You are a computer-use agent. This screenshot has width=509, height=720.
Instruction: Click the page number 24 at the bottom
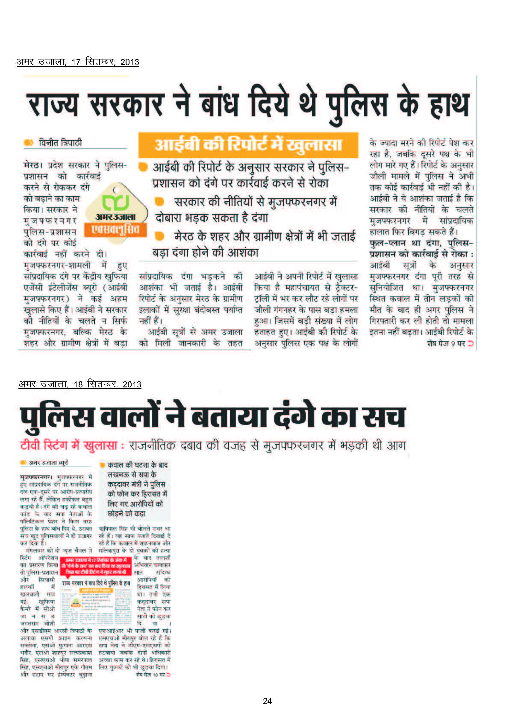(267, 701)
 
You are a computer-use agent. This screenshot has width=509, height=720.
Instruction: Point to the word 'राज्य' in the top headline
(53, 105)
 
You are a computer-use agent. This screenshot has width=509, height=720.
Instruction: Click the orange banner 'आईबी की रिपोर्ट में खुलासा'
(248, 145)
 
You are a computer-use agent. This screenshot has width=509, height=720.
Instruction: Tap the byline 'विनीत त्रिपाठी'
(60, 142)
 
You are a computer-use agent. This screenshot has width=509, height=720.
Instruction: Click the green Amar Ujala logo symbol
(115, 202)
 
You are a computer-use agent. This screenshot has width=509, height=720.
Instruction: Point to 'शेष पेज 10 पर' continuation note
(153, 674)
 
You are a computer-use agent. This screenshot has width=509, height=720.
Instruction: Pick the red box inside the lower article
(96, 566)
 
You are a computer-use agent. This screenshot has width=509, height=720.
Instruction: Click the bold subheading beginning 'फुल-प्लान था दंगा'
(421, 248)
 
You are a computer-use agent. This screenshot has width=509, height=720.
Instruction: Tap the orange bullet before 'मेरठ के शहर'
(159, 236)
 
